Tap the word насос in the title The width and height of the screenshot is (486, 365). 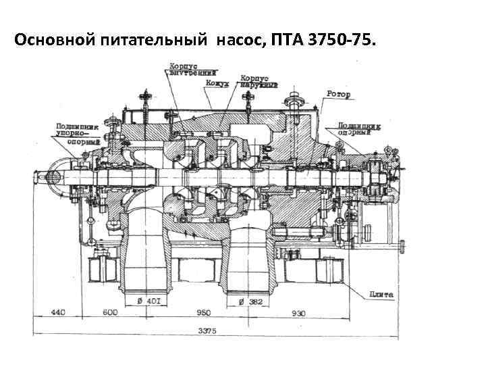(241, 42)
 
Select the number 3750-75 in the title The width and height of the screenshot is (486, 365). (335, 42)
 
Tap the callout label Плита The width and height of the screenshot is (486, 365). (381, 295)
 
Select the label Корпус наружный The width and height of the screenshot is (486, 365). (259, 81)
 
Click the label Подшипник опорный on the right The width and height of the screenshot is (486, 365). (359, 129)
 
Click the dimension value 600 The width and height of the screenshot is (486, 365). (109, 312)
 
